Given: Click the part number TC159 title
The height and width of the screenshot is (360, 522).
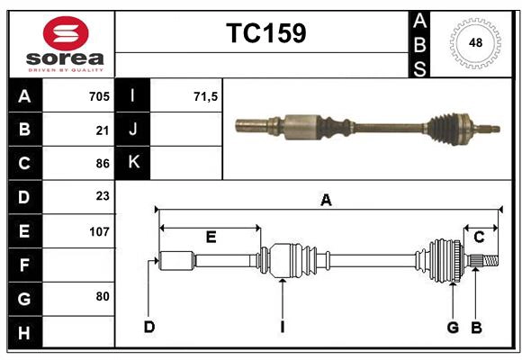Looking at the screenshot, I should [265, 33].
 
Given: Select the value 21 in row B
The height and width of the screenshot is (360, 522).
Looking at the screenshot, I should [102, 130].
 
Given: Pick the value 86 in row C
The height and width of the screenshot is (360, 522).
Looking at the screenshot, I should [102, 164].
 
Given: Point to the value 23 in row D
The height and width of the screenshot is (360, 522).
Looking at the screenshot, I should [102, 196].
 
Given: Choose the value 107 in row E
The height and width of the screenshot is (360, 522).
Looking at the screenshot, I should [99, 231].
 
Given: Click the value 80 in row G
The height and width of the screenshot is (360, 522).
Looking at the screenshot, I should [102, 296].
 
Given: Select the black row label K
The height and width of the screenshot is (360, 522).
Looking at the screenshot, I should [133, 163].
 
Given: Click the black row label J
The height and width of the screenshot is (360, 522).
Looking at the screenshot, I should [133, 130].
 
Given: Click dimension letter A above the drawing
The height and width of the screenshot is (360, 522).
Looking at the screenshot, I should [326, 201].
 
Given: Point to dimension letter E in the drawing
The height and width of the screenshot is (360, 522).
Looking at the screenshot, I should [211, 238].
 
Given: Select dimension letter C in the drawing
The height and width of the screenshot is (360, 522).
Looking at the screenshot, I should [480, 238].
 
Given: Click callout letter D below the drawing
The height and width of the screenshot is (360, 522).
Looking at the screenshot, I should [148, 327].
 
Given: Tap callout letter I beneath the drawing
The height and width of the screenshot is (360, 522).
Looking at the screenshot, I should [282, 327].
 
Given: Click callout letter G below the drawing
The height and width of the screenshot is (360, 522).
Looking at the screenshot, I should [453, 327].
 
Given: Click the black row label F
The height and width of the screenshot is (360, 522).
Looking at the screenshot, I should [24, 265].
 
